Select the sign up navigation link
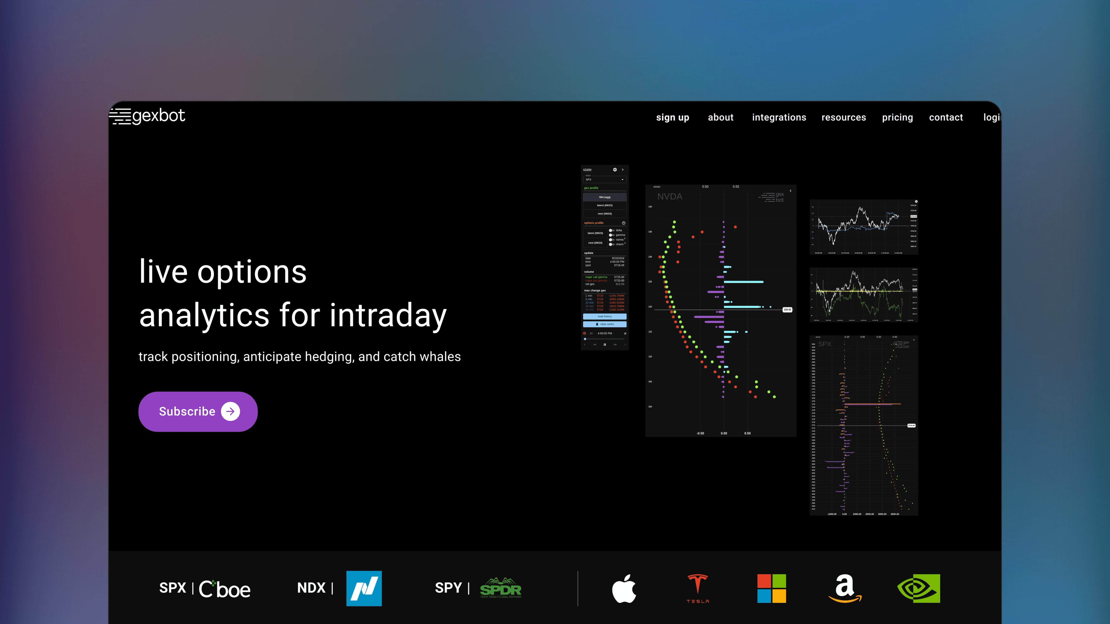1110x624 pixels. click(672, 118)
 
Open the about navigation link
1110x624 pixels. click(720, 118)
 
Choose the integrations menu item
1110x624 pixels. click(779, 118)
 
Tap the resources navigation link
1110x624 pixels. click(843, 118)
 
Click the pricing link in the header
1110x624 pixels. click(897, 118)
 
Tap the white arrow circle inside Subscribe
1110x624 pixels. click(231, 412)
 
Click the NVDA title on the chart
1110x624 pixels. click(669, 197)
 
